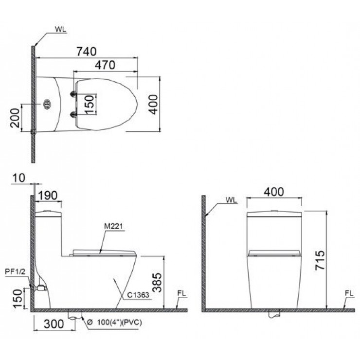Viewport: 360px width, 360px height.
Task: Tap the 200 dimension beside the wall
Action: [x=16, y=117]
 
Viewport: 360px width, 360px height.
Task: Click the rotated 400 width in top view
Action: [x=153, y=104]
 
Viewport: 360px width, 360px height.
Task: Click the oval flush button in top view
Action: [x=47, y=104]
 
